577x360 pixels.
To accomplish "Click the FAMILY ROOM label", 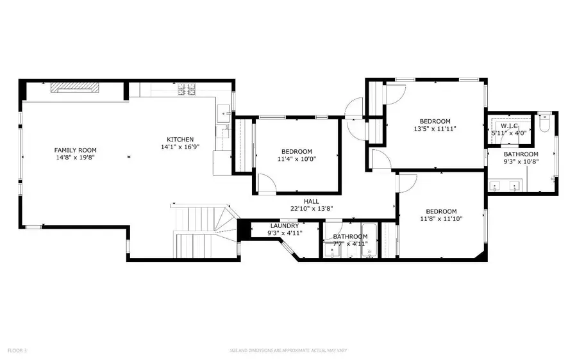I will (x=75, y=150).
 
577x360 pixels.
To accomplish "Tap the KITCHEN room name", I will (x=180, y=140).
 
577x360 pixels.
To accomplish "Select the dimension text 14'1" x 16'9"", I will (x=180, y=147).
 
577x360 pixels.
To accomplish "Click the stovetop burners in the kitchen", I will (x=187, y=90).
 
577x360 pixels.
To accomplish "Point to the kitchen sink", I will (x=224, y=113).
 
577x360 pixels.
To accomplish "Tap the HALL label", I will (x=311, y=200).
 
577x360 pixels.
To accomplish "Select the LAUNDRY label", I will (x=284, y=225).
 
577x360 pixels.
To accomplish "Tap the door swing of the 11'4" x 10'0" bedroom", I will (x=267, y=184).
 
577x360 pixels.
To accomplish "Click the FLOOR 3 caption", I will (x=17, y=350).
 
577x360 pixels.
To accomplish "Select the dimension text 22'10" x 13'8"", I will (x=311, y=208).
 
